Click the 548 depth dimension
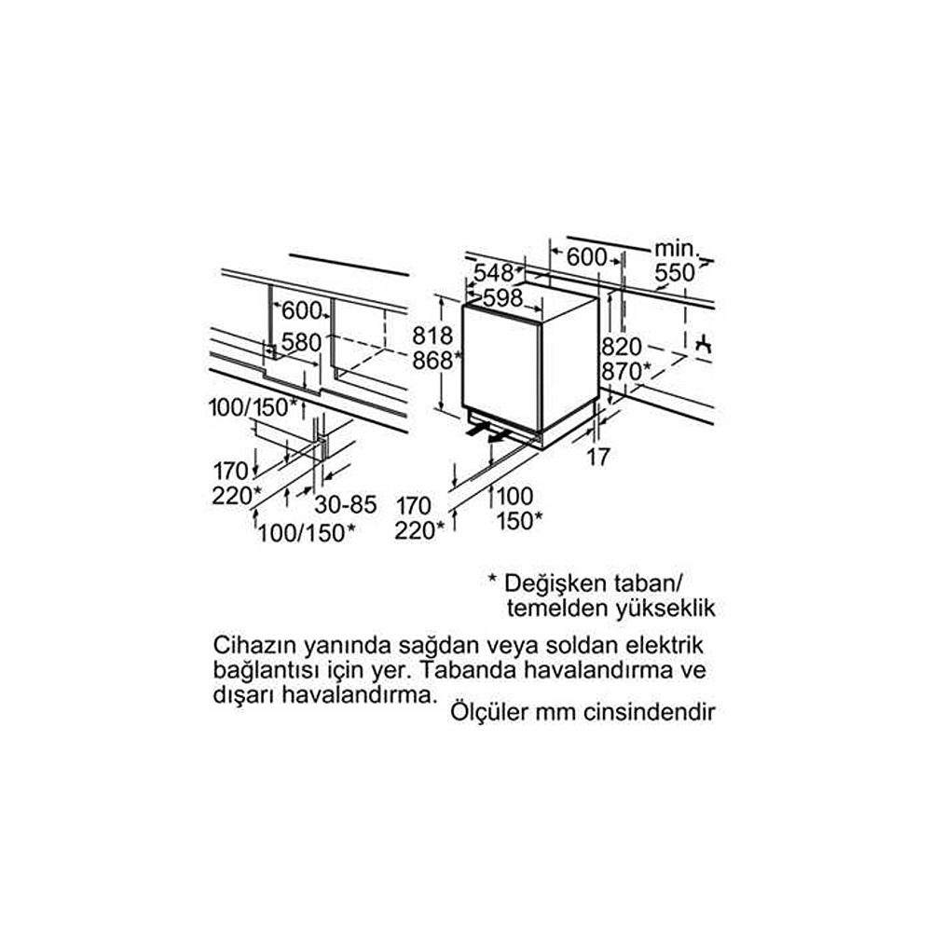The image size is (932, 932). (x=493, y=273)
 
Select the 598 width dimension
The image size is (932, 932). (x=503, y=298)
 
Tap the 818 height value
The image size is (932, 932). (x=432, y=336)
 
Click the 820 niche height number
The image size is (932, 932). (x=622, y=347)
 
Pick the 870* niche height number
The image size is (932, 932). (x=626, y=372)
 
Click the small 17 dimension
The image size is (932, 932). (x=598, y=457)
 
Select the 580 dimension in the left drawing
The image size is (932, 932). (x=301, y=342)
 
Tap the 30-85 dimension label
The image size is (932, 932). (x=346, y=505)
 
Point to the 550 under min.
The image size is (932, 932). (x=675, y=273)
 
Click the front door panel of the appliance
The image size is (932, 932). (x=500, y=368)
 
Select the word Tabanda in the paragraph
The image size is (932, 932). (x=469, y=670)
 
